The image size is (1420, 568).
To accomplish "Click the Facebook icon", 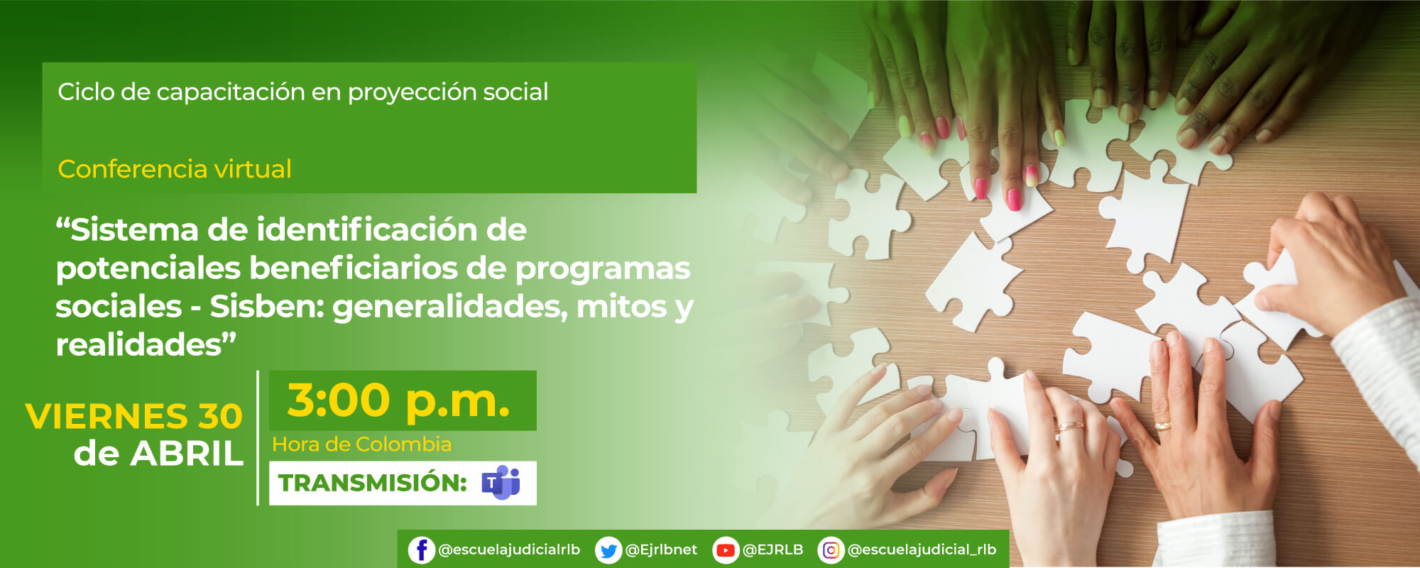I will tap(421, 550).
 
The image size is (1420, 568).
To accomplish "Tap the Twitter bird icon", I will tap(608, 550).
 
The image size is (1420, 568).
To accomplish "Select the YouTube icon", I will tap(725, 550).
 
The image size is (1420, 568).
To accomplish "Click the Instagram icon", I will tap(831, 550).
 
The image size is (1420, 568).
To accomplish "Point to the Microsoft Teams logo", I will tap(501, 483).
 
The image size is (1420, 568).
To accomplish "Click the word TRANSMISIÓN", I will tap(372, 483).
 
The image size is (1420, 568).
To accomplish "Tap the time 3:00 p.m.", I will tap(398, 400).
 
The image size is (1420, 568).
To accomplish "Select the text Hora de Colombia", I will tap(361, 444).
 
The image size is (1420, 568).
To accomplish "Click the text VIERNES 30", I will tap(134, 416).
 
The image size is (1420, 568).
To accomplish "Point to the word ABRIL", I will tap(187, 454).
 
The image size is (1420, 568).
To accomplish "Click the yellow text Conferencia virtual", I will tap(175, 169).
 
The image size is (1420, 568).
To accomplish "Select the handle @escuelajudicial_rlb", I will tap(922, 550).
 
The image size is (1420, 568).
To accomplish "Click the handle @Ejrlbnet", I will tap(661, 550).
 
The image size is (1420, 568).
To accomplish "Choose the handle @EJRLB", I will tap(772, 550).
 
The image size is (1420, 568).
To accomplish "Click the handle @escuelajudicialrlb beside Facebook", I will tap(509, 550).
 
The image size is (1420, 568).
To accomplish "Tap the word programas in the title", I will tap(603, 269).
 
